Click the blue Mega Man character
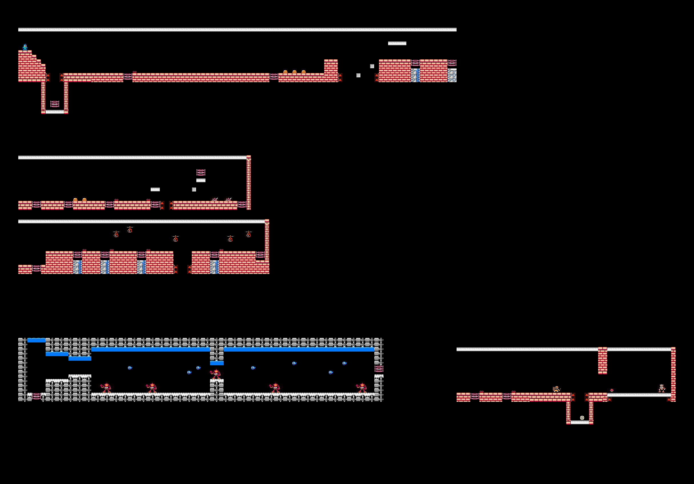point(25,47)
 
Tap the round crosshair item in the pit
point(582,418)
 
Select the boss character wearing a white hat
point(662,388)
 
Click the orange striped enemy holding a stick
point(556,389)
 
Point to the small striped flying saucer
point(612,390)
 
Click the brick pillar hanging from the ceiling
point(602,361)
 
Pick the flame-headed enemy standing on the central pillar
point(216,374)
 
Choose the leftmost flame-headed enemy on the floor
point(106,388)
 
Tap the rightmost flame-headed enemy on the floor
point(362,388)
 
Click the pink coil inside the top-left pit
point(55,104)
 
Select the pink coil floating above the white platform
point(201,172)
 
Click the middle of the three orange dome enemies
point(294,72)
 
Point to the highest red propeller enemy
point(130,229)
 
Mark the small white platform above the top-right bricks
point(397,43)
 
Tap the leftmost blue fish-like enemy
point(130,368)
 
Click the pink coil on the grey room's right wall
point(379,368)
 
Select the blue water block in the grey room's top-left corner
point(37,340)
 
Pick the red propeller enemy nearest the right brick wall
point(249,234)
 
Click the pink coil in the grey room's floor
point(37,396)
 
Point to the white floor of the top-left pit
point(55,112)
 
